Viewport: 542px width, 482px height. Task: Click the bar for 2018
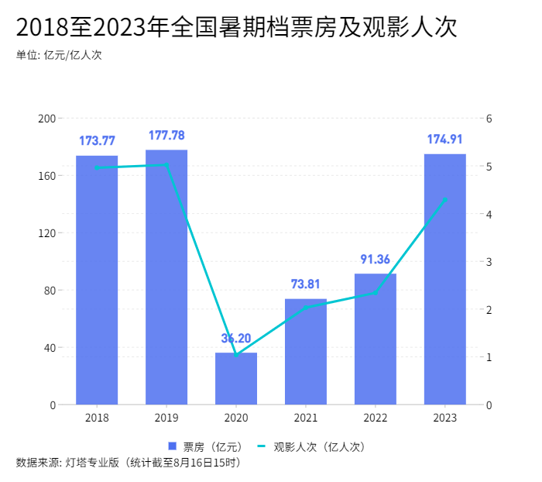[x=97, y=280]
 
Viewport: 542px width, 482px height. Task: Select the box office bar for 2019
[x=166, y=277]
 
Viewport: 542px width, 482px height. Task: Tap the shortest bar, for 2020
[x=236, y=379]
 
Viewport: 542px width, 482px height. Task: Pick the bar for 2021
[x=306, y=352]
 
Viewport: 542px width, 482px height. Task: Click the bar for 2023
[x=445, y=279]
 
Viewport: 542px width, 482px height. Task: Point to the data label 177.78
[x=166, y=136]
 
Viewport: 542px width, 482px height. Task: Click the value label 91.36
[x=376, y=260]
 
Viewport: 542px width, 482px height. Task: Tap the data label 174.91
[x=445, y=139]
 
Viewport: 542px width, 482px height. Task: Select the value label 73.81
[x=306, y=284]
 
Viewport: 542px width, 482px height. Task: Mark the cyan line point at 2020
[x=236, y=355]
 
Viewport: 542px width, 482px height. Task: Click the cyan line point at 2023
[x=445, y=199]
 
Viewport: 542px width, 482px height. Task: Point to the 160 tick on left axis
[x=47, y=176]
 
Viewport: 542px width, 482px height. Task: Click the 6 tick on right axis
[x=490, y=119]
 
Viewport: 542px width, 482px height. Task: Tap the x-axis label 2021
[x=306, y=418]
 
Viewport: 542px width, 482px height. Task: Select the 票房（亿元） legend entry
[x=205, y=446]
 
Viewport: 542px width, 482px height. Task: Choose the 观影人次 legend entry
[x=310, y=446]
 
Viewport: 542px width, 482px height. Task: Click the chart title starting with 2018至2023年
[x=236, y=28]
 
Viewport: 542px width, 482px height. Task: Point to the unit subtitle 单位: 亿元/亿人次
[x=59, y=55]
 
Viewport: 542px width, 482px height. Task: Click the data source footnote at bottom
[x=128, y=463]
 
